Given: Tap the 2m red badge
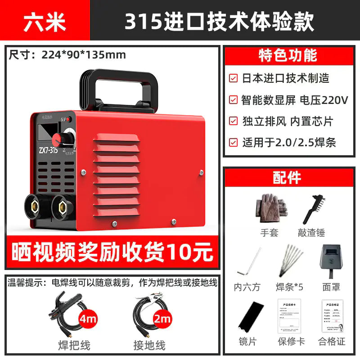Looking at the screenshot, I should tap(162, 319).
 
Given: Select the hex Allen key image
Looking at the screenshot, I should tap(247, 263).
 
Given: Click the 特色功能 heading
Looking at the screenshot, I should tap(288, 55).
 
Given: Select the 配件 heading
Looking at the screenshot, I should tap(287, 177).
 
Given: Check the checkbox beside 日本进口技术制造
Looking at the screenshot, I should tap(233, 78).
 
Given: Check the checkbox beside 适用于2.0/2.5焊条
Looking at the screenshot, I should tap(233, 143).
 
